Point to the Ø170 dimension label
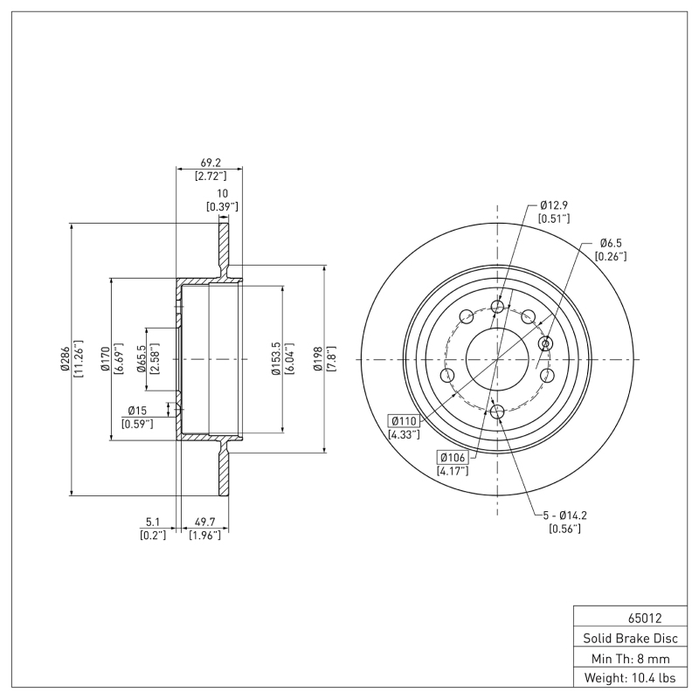[105, 358]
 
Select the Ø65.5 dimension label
[142, 358]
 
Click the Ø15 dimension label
[138, 411]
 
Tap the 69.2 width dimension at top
[210, 163]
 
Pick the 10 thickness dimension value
[222, 193]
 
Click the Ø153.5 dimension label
[275, 358]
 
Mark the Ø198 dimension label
[317, 358]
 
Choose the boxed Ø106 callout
[453, 457]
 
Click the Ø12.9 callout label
[554, 204]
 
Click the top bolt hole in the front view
[498, 307]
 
